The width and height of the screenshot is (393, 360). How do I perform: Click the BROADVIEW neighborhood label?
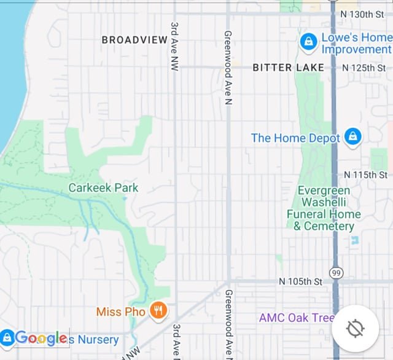134,40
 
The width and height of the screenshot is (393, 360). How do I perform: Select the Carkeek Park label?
104,188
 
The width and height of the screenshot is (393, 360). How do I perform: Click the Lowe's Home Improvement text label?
356,43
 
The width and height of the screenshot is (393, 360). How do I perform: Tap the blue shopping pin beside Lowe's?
308,42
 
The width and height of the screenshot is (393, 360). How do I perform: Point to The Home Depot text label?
295,138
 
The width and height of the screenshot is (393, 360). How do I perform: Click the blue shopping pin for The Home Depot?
352,136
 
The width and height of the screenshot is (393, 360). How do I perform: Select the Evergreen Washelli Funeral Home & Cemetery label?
324,208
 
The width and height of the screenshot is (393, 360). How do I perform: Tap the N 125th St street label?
364,68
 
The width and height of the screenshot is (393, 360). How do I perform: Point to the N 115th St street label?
365,175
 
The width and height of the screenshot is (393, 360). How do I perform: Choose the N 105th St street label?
300,281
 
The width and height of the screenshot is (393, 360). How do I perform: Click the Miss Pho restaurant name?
121,312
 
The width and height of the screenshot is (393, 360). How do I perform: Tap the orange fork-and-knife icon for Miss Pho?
158,310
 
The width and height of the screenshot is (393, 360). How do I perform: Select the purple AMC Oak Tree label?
297,318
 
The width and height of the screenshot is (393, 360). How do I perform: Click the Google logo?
41,337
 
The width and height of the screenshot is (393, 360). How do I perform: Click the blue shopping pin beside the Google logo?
7,337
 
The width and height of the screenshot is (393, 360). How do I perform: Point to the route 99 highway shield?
336,273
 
